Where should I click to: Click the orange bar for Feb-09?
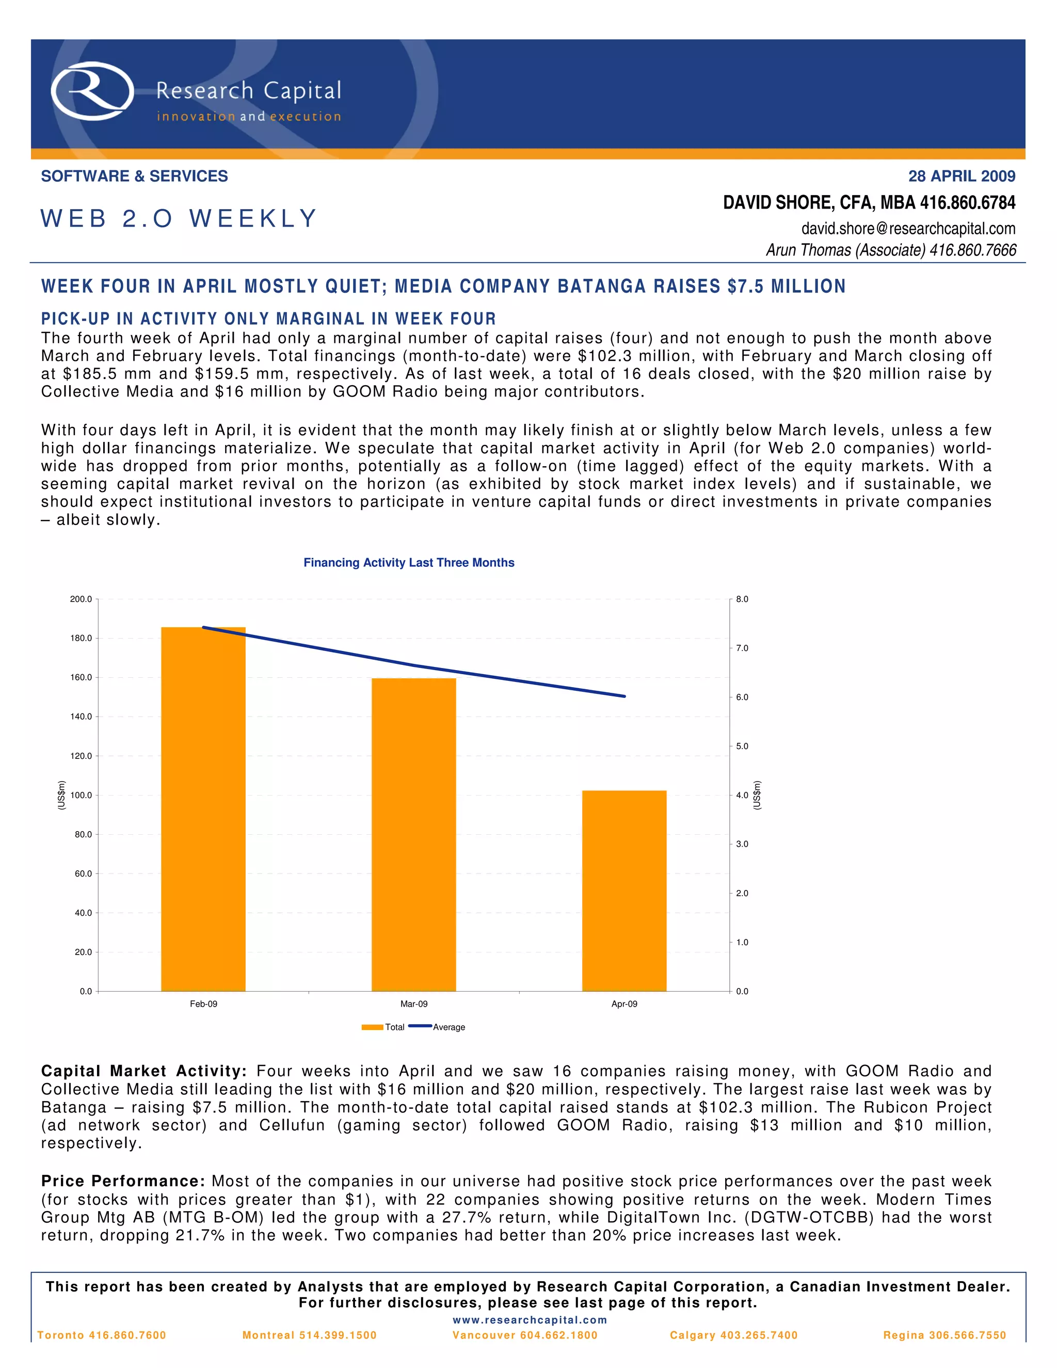(x=203, y=808)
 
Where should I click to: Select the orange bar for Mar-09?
(x=414, y=834)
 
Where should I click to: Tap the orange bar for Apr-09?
(x=624, y=890)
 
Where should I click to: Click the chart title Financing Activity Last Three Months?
(x=409, y=563)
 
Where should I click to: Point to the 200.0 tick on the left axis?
(x=81, y=599)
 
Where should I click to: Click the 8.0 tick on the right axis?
(x=742, y=599)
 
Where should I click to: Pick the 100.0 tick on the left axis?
(x=81, y=796)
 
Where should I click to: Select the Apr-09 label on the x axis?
(x=624, y=1004)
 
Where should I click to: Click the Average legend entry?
(x=449, y=1027)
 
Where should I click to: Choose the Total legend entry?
(x=394, y=1027)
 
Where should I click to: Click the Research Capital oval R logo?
(x=92, y=91)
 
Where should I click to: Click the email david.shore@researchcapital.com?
(x=908, y=229)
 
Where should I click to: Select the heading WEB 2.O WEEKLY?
(x=179, y=218)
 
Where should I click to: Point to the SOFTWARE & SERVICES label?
(x=135, y=177)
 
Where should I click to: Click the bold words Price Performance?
(x=123, y=1181)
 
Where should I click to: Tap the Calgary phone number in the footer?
(x=734, y=1335)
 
